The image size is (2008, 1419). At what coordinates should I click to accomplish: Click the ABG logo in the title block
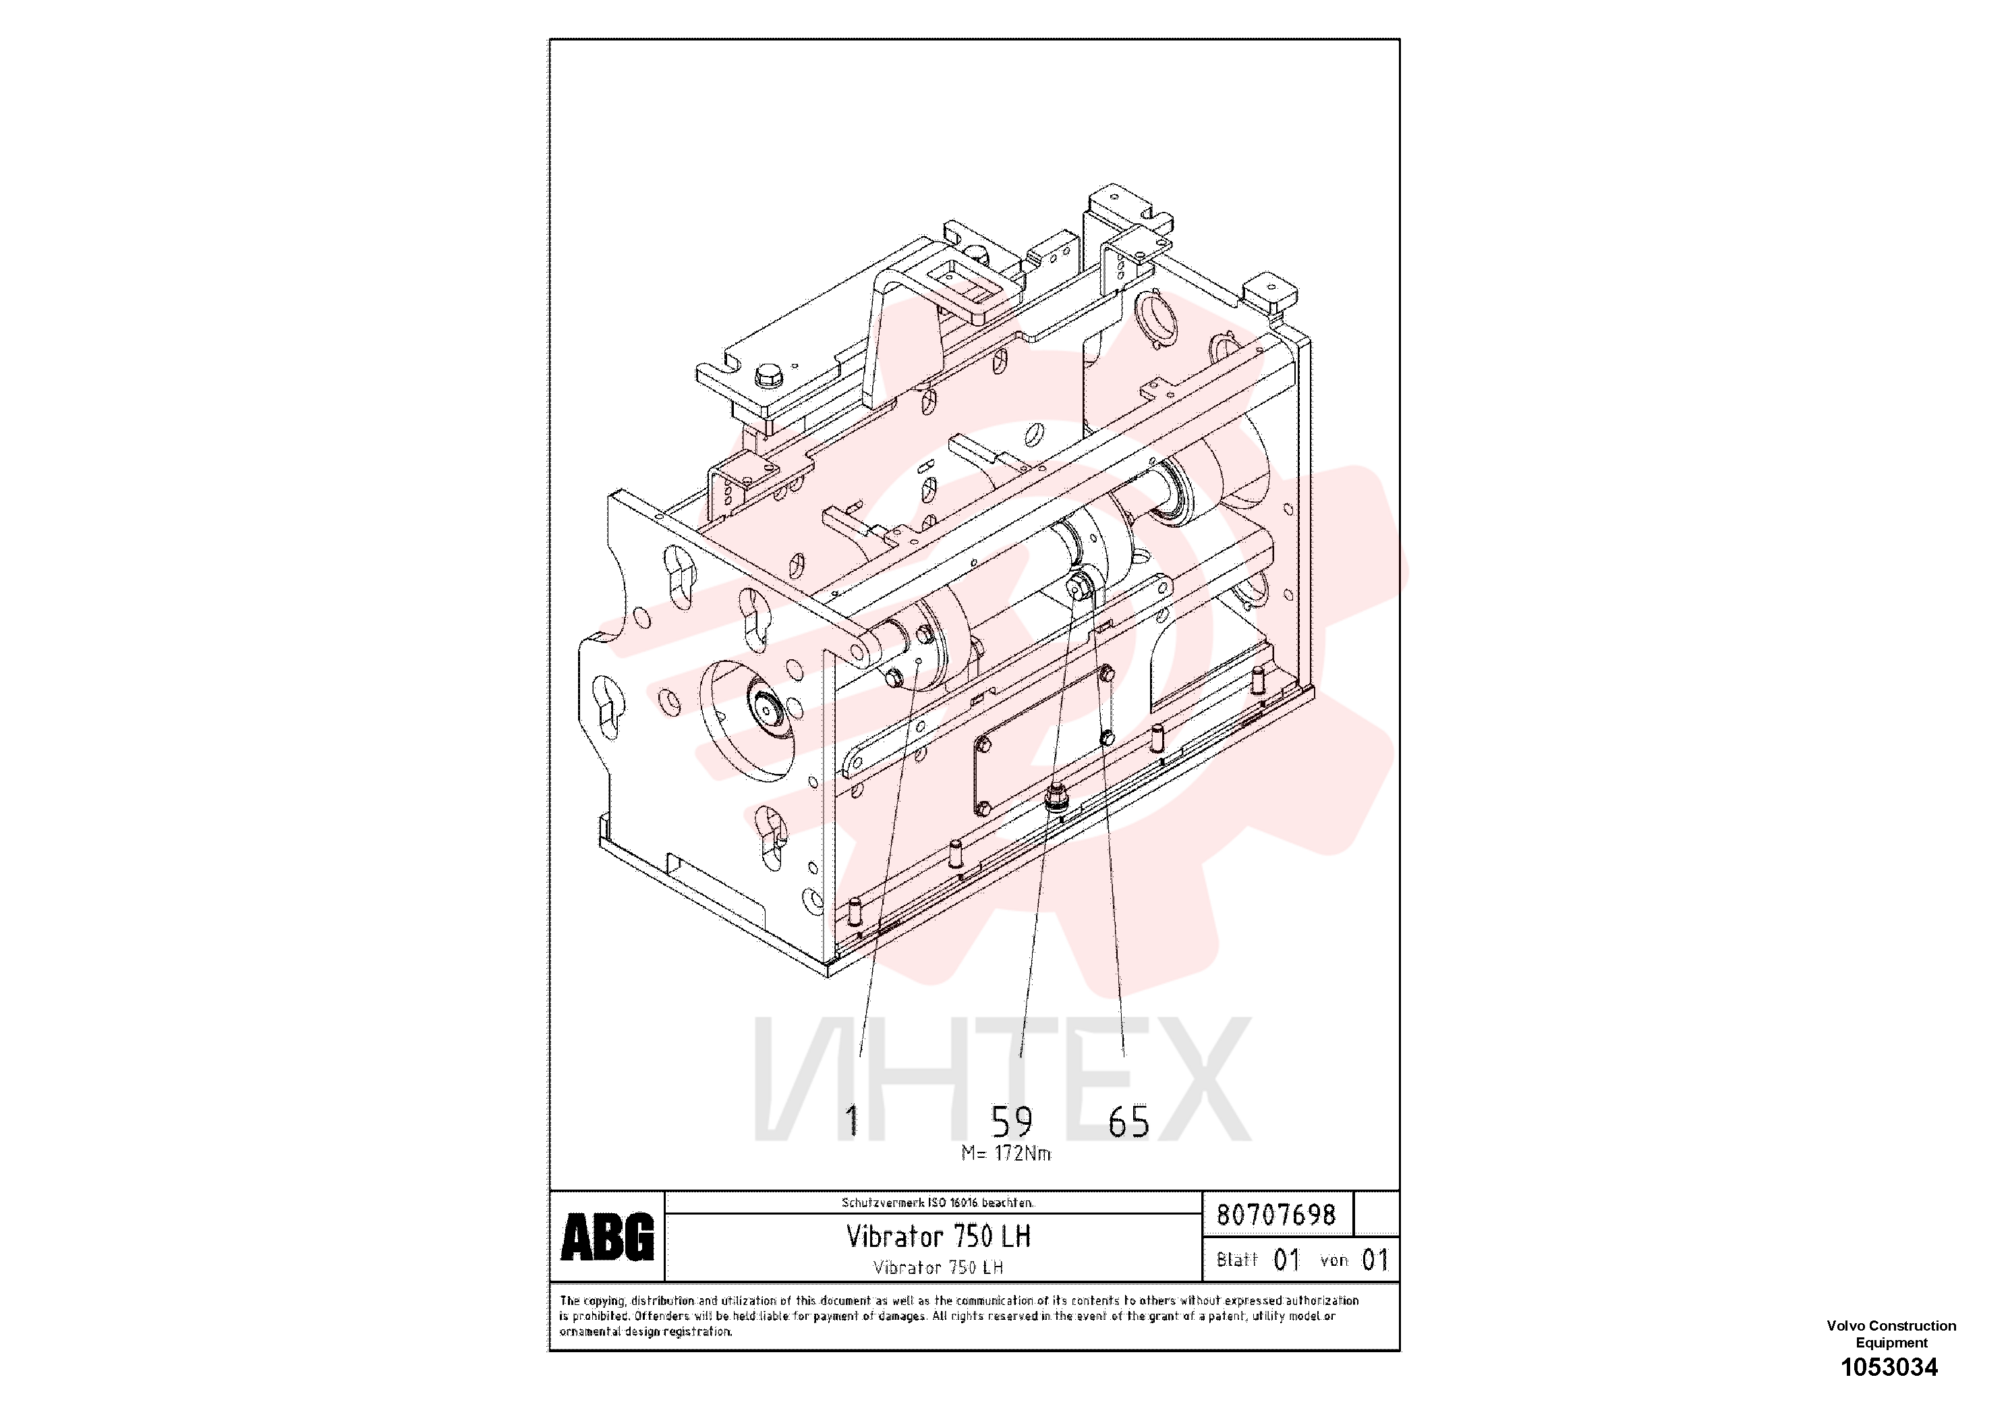click(607, 1236)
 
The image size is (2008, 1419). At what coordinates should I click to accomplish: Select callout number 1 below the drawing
click(852, 1121)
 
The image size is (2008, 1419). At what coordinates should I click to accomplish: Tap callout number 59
click(1012, 1121)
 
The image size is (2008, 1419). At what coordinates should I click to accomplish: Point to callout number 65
click(1129, 1121)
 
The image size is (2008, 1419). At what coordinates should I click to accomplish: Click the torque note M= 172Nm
click(1006, 1153)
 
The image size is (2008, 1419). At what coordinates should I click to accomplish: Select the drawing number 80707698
click(1277, 1215)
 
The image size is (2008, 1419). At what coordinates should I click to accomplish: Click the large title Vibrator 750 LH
click(938, 1236)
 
